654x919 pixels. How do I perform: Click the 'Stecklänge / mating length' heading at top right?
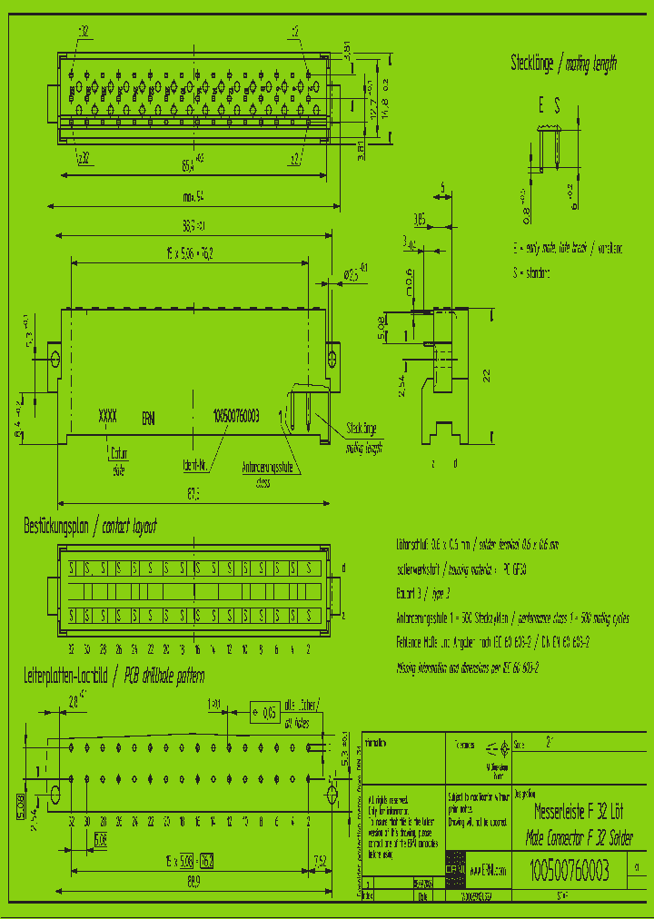point(563,63)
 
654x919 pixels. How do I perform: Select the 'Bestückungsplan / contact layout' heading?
point(90,527)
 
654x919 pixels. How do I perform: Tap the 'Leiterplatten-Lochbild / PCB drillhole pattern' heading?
point(114,676)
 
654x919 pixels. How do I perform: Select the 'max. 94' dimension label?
point(192,195)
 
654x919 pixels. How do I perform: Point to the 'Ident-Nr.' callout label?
point(197,462)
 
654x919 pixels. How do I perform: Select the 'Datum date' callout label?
point(119,461)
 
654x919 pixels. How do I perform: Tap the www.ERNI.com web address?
point(487,868)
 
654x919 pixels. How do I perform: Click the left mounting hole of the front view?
point(55,358)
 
